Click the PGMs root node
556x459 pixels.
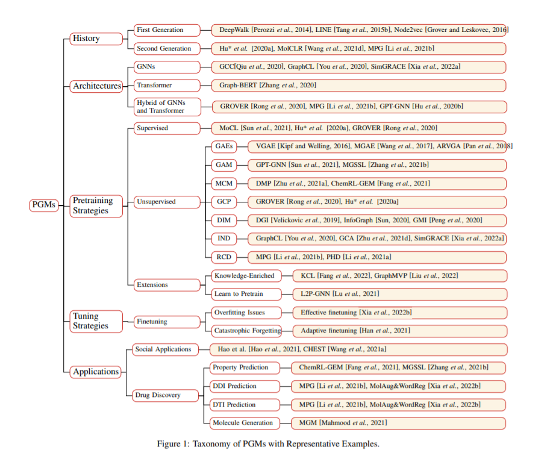tap(43, 205)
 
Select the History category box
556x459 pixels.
tap(96, 39)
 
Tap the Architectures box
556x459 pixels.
tap(96, 86)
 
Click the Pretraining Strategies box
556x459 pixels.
tap(96, 206)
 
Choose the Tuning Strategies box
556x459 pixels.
tap(96, 322)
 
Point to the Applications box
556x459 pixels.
tap(95, 372)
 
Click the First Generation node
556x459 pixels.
tap(167, 30)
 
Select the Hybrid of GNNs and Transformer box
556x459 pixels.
tap(167, 107)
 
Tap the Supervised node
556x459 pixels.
tap(167, 128)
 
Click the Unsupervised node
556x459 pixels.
tap(167, 202)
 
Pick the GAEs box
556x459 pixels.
tap(223, 146)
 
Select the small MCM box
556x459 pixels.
tap(223, 184)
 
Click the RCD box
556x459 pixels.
tap(223, 257)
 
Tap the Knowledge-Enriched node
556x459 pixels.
tap(246, 276)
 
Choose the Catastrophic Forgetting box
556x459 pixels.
tap(246, 331)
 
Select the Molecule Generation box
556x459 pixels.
tap(245, 423)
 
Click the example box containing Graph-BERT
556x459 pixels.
tap(358, 86)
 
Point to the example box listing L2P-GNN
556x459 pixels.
tap(399, 294)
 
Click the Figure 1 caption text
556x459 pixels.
tap(268, 444)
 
